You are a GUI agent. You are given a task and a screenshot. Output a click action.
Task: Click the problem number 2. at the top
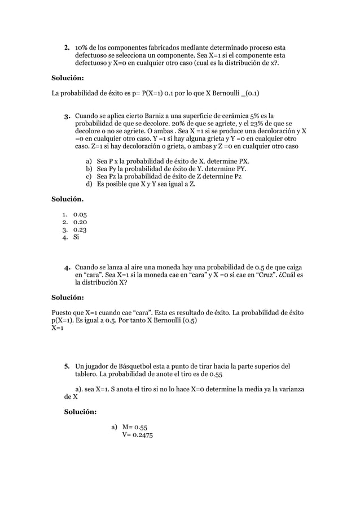pos(66,47)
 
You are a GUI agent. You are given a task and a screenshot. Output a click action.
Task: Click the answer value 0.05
pos(80,213)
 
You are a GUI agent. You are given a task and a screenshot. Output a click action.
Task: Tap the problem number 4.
pos(66,267)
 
